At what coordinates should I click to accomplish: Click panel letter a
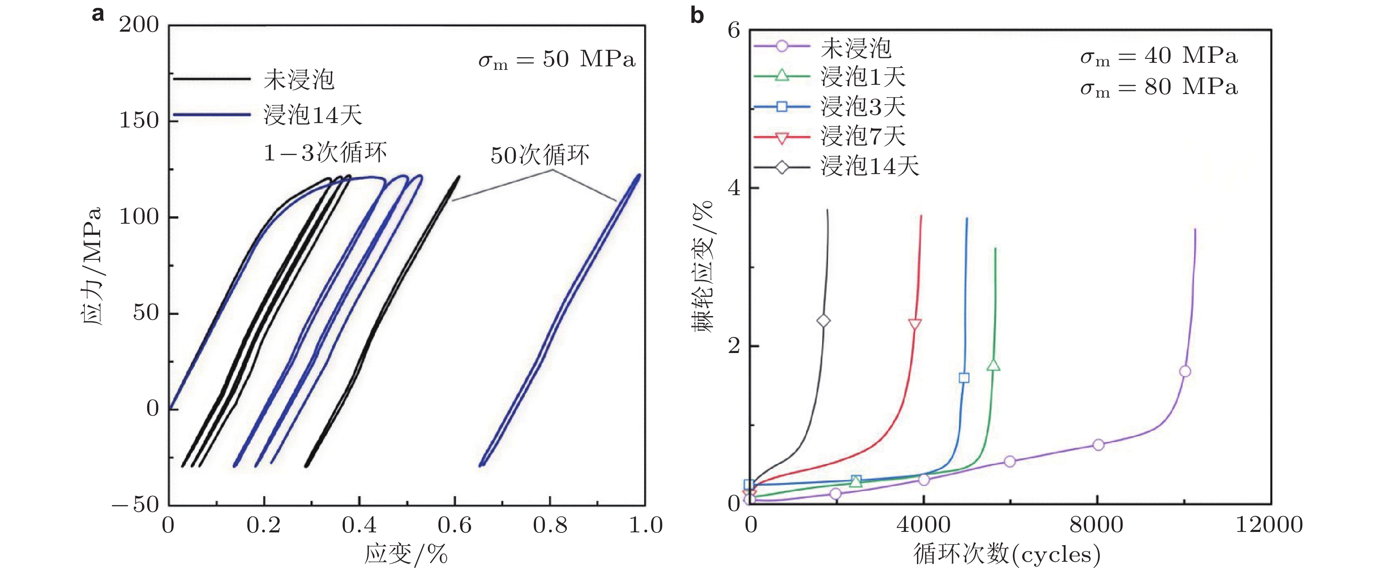[x=98, y=14]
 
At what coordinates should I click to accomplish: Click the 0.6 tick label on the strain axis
[x=455, y=525]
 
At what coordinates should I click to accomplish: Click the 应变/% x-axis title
[x=406, y=554]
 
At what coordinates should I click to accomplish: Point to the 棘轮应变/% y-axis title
[x=703, y=266]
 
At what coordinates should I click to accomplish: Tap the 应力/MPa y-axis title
[x=91, y=266]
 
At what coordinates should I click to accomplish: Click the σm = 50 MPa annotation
[x=557, y=60]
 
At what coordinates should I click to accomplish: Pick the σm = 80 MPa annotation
[x=1159, y=87]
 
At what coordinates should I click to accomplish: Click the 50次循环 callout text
[x=540, y=155]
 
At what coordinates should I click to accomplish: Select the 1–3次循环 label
[x=325, y=153]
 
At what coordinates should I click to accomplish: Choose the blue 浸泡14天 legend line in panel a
[x=212, y=114]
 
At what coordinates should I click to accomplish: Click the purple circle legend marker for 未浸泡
[x=782, y=46]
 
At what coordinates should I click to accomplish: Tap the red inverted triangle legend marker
[x=782, y=138]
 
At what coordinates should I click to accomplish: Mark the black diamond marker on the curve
[x=823, y=321]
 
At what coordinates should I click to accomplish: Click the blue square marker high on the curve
[x=964, y=378]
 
